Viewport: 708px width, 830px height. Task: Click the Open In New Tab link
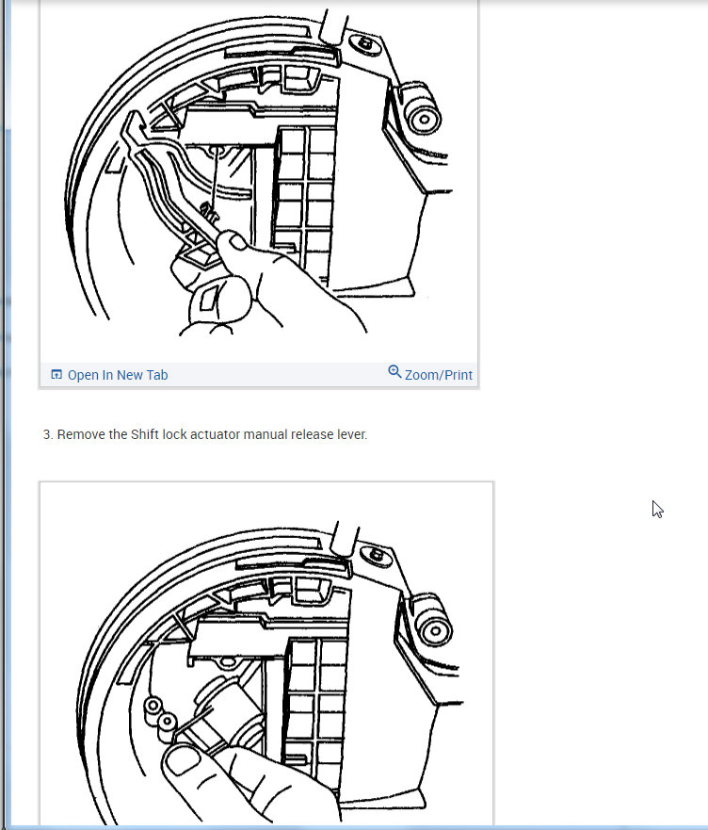pos(118,375)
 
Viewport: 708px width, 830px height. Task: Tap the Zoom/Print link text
pos(438,375)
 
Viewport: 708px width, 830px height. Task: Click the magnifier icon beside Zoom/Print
pos(394,372)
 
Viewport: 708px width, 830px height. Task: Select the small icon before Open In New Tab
pos(56,375)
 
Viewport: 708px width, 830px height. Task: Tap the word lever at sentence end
pos(351,435)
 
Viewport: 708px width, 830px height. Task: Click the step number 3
pos(47,435)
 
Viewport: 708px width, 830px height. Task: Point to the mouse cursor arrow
pos(657,509)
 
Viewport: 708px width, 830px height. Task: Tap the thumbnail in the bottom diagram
pos(182,759)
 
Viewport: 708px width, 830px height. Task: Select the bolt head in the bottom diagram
pos(377,556)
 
